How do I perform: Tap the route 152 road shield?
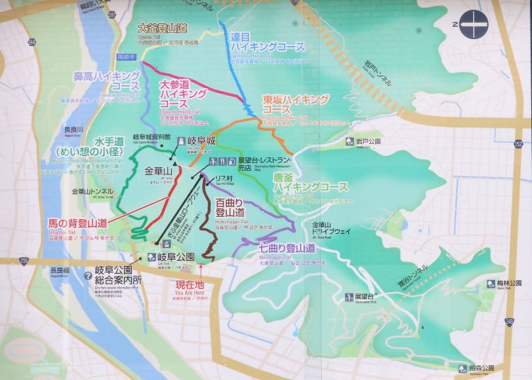[518, 144]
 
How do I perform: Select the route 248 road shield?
[509, 322]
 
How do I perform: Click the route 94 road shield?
[31, 42]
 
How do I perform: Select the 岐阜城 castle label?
[201, 140]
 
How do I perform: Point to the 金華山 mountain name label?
[158, 172]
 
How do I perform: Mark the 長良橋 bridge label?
[60, 270]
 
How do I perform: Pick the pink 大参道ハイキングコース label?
[183, 94]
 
